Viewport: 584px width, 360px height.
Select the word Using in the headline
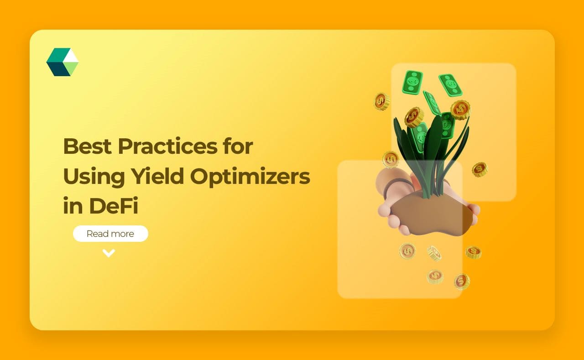click(x=89, y=176)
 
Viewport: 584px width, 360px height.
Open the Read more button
click(x=110, y=234)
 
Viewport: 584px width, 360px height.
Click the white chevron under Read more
click(x=109, y=253)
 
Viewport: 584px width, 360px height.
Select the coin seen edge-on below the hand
click(x=434, y=253)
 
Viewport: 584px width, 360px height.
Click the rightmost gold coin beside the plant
click(x=480, y=169)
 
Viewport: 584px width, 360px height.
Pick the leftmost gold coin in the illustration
click(x=381, y=101)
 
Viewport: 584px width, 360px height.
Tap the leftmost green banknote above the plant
click(x=412, y=83)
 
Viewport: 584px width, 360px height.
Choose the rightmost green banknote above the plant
click(x=450, y=85)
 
